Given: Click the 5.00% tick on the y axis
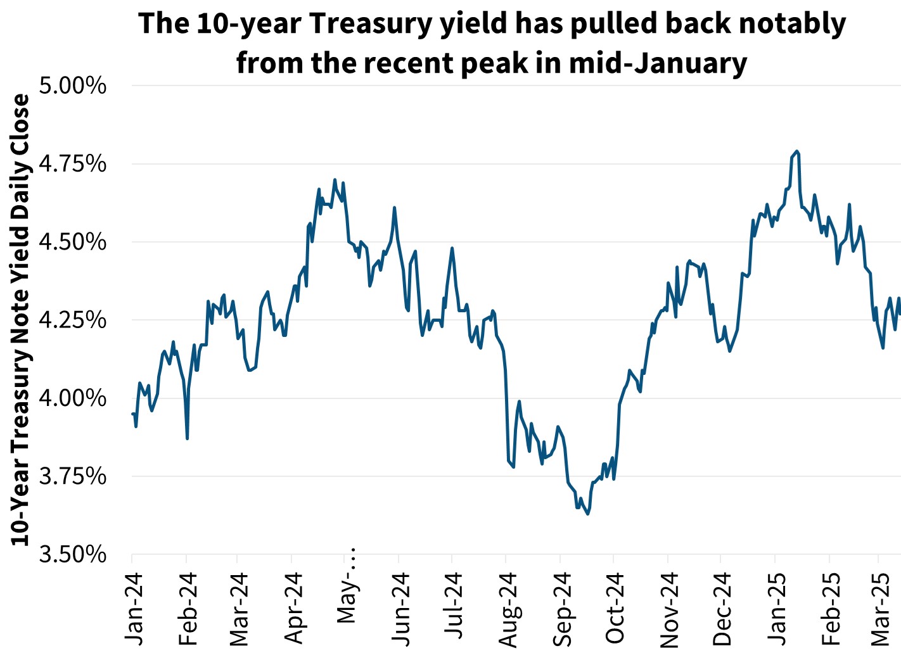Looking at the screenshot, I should pos(72,86).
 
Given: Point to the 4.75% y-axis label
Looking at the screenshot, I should pos(72,164).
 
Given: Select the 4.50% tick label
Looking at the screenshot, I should pos(72,242).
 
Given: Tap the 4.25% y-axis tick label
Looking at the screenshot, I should pos(72,320).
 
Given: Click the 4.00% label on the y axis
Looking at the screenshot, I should pos(72,398).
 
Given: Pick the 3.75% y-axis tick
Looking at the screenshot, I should pos(72,476).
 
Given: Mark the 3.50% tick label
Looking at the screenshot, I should pos(72,555).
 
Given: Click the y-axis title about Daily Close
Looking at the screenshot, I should pos(20,320).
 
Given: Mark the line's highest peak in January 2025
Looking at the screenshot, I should pos(796,151).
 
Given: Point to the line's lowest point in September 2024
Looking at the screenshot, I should pos(588,514).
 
